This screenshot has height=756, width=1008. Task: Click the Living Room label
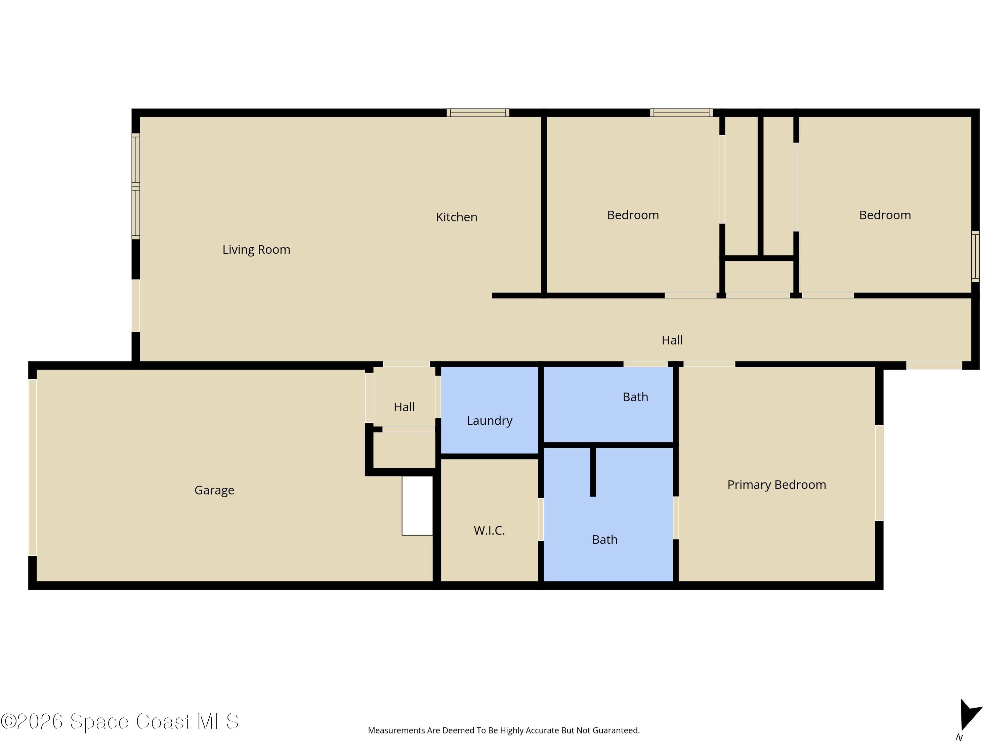(256, 250)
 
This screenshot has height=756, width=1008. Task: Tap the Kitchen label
(457, 217)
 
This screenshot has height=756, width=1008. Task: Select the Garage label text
(214, 490)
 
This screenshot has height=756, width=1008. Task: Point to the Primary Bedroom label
(776, 485)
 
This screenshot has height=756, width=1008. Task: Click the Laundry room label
(490, 421)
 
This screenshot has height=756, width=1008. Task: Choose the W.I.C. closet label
(490, 531)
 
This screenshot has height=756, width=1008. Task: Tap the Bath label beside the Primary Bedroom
(605, 540)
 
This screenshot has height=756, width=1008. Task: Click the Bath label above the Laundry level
(635, 397)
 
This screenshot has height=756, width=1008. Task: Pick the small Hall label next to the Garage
(404, 407)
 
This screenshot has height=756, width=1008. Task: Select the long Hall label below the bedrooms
(672, 340)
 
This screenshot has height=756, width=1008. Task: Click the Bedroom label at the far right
(885, 215)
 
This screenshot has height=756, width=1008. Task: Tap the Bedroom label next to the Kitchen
(633, 215)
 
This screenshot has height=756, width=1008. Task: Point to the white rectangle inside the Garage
(417, 506)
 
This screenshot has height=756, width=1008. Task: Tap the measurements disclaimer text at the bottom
(504, 730)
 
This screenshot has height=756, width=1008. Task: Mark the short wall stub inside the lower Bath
(593, 471)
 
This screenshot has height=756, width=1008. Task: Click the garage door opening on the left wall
(32, 468)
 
